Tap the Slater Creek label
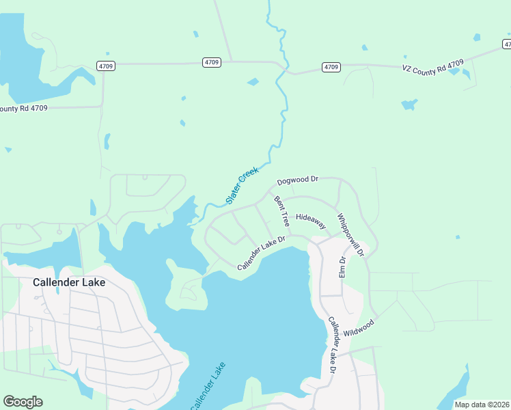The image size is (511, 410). coord(242,187)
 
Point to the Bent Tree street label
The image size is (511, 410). coord(281,211)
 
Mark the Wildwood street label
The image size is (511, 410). coord(359,327)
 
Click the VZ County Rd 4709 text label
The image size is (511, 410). coord(433,67)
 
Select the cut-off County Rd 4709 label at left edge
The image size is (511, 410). coord(23,108)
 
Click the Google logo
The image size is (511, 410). coord(23,402)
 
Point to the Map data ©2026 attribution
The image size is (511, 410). coord(481,404)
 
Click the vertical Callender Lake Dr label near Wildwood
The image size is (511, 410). coord(331,345)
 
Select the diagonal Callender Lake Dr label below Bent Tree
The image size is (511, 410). coord(260,253)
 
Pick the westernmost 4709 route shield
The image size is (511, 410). coord(106,66)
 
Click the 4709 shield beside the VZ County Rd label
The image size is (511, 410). coord(331,67)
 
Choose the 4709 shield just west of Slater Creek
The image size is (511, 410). coord(212,62)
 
